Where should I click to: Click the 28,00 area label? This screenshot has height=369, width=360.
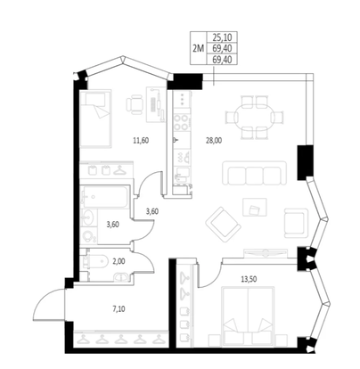[214, 141]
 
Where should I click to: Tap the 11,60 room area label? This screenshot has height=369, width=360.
[141, 141]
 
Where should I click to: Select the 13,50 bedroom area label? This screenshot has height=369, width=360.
[249, 279]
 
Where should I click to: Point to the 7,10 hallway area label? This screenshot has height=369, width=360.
[119, 309]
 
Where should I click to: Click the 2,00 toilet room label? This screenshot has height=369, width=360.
[119, 261]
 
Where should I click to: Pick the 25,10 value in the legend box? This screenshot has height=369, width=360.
[222, 37]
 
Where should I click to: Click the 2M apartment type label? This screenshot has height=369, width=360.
[198, 48]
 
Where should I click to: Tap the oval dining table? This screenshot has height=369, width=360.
[255, 117]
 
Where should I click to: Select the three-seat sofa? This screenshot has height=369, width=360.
[255, 173]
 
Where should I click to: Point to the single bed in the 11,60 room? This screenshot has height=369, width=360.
[95, 119]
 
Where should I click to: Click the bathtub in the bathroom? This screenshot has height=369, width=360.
[105, 196]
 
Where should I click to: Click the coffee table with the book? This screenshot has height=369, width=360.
[255, 207]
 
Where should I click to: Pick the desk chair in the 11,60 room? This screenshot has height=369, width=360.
[135, 104]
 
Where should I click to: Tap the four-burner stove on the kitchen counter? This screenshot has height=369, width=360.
[182, 123]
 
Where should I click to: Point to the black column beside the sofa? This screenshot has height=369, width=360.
[305, 162]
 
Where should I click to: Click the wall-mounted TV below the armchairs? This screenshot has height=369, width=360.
[264, 253]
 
